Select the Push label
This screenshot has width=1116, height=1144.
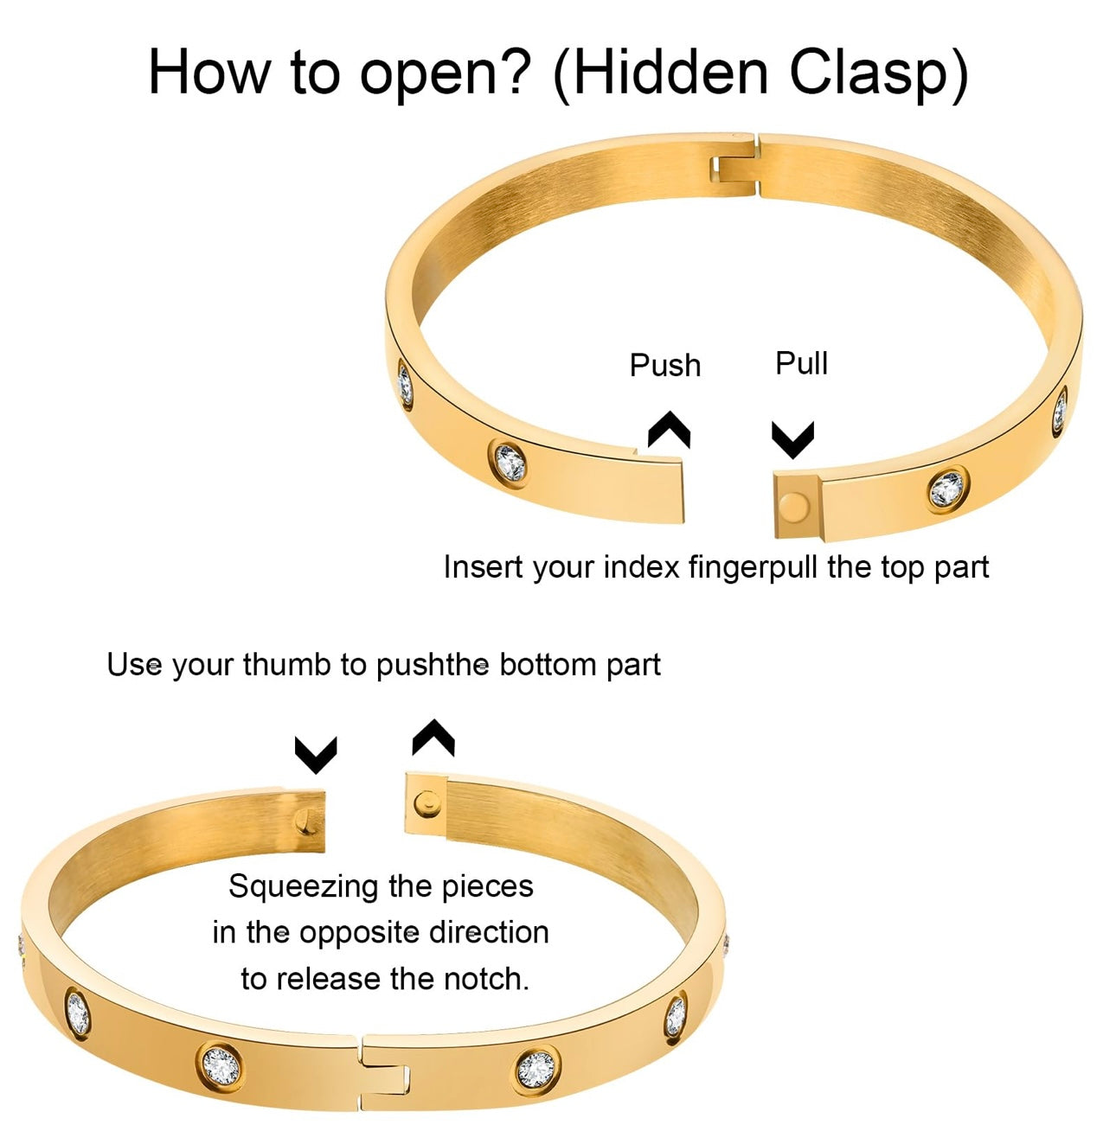click(664, 366)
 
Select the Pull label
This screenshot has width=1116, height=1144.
click(801, 363)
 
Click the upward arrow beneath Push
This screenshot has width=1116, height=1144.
click(669, 429)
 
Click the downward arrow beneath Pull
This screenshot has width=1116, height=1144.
click(792, 439)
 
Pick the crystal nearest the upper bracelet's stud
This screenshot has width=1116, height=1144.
click(946, 489)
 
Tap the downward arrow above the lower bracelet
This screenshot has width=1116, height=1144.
click(316, 754)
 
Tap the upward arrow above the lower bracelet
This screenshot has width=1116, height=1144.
click(433, 738)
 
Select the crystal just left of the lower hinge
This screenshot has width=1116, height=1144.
click(220, 1065)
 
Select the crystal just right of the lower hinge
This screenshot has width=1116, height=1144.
click(536, 1069)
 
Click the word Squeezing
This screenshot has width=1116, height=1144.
click(304, 887)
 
